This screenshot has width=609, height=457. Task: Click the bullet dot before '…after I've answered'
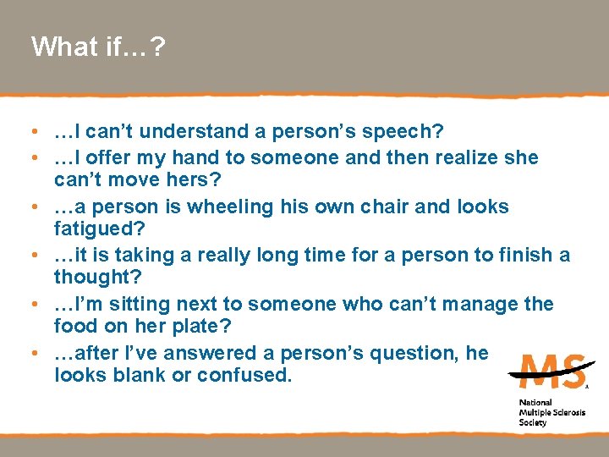pos(30,353)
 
